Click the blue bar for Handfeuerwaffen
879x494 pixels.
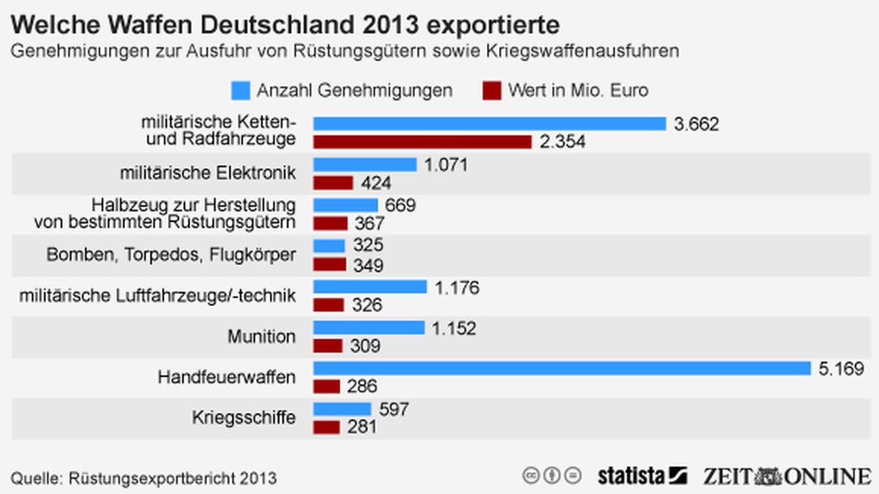561,368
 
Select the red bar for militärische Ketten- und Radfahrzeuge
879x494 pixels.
422,142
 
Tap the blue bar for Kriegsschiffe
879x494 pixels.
342,409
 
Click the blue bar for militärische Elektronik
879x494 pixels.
364,165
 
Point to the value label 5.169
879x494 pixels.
840,369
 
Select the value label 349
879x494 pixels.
368,266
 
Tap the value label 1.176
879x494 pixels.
456,288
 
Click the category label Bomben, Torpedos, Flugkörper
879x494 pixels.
171,255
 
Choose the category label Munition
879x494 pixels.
261,337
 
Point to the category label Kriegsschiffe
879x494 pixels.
244,418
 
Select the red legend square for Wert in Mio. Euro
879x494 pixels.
492,91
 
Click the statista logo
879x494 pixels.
642,476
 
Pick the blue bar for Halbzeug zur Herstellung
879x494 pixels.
346,205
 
